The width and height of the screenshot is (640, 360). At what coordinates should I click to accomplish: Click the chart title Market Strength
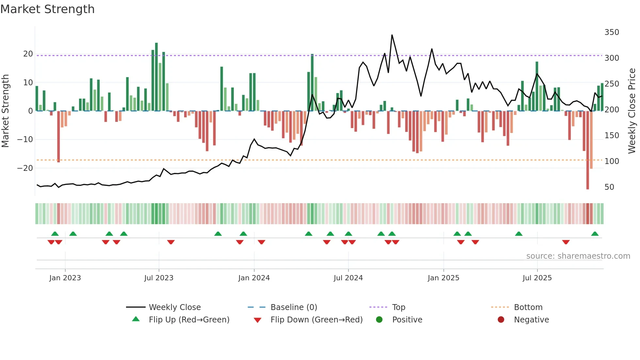click(47, 9)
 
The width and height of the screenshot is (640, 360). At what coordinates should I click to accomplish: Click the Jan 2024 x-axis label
click(254, 278)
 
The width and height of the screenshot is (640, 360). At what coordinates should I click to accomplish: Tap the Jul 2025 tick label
click(537, 278)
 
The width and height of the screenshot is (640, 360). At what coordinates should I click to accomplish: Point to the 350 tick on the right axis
click(611, 32)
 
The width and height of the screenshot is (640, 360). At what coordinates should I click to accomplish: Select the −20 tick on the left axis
click(25, 168)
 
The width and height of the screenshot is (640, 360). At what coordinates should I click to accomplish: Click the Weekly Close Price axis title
click(632, 111)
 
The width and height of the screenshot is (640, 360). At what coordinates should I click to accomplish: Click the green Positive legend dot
click(379, 320)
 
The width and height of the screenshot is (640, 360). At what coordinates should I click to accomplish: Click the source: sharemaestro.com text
click(578, 256)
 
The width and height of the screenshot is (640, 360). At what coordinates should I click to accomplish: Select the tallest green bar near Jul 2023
click(156, 77)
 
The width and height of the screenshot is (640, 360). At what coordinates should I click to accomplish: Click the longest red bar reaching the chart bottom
click(587, 150)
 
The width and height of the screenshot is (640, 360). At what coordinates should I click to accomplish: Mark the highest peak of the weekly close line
click(392, 35)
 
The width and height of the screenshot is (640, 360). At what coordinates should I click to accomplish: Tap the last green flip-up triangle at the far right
click(595, 234)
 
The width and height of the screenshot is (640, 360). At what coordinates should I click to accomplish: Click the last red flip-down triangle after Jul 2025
click(566, 242)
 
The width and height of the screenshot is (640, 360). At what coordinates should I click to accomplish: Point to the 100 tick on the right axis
click(611, 161)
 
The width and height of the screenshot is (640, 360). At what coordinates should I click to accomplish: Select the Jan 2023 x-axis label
click(65, 278)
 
